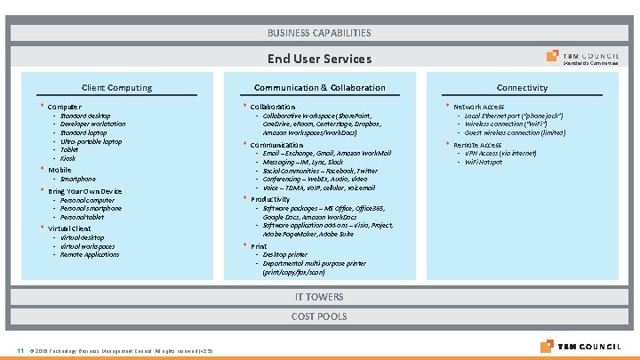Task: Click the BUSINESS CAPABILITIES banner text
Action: tap(319, 33)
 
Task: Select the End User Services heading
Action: tap(319, 60)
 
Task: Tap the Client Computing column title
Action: tap(116, 88)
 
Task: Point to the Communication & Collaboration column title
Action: tap(319, 88)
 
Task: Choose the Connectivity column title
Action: tap(522, 88)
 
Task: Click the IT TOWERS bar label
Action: tap(319, 297)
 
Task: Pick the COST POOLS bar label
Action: tap(319, 316)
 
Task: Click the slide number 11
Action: tap(19, 348)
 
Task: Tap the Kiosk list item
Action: tap(68, 159)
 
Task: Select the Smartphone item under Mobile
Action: tap(78, 179)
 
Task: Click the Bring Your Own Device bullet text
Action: tap(85, 191)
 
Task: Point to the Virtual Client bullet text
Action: tap(69, 228)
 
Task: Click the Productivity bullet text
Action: tap(270, 199)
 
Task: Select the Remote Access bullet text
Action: tap(477, 144)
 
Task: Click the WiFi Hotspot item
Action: tap(484, 163)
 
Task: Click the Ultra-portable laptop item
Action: tap(91, 141)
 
